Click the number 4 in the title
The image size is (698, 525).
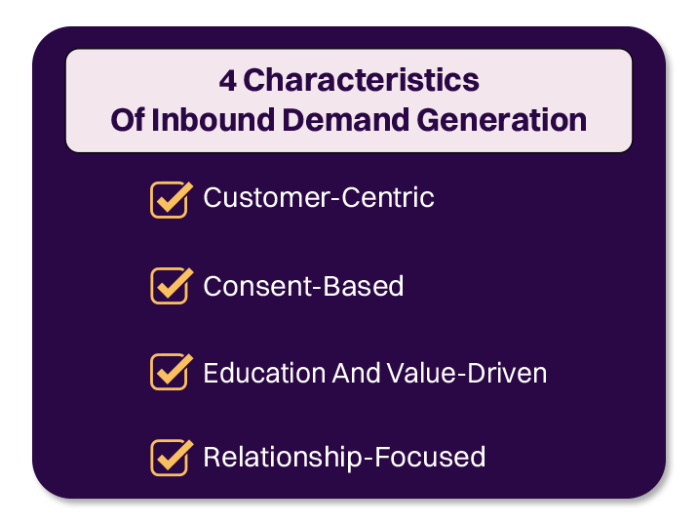(227, 80)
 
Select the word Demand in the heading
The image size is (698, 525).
(336, 120)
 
